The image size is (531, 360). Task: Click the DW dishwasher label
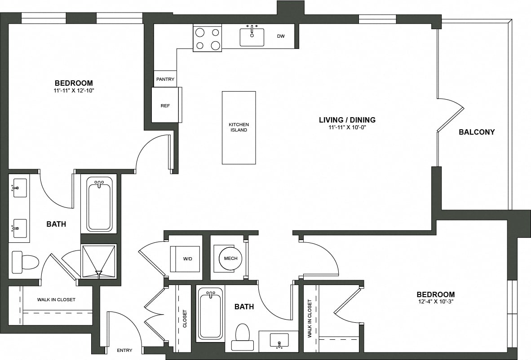click(281, 36)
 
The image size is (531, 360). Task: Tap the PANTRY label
click(165, 79)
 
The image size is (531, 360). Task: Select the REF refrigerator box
click(165, 105)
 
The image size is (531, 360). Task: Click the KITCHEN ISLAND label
click(239, 127)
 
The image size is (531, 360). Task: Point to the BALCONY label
click(477, 132)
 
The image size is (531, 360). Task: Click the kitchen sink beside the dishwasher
click(252, 37)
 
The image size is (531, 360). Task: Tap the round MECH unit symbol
click(230, 258)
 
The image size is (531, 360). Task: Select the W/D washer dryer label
click(188, 259)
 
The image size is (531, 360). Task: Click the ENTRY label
click(124, 350)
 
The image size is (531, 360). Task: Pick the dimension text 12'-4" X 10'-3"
click(435, 302)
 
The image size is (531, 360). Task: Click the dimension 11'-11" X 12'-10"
click(74, 91)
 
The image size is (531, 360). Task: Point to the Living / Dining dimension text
click(347, 127)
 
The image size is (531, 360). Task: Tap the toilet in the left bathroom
click(25, 262)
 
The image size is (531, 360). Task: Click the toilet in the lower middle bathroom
click(243, 337)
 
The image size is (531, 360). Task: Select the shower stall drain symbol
click(99, 273)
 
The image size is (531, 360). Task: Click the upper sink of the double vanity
click(19, 188)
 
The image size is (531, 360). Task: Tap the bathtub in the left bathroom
click(99, 204)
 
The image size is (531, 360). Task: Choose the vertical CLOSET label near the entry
click(185, 319)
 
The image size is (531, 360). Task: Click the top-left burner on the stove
click(200, 32)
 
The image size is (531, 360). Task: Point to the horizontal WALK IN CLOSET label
click(56, 299)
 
